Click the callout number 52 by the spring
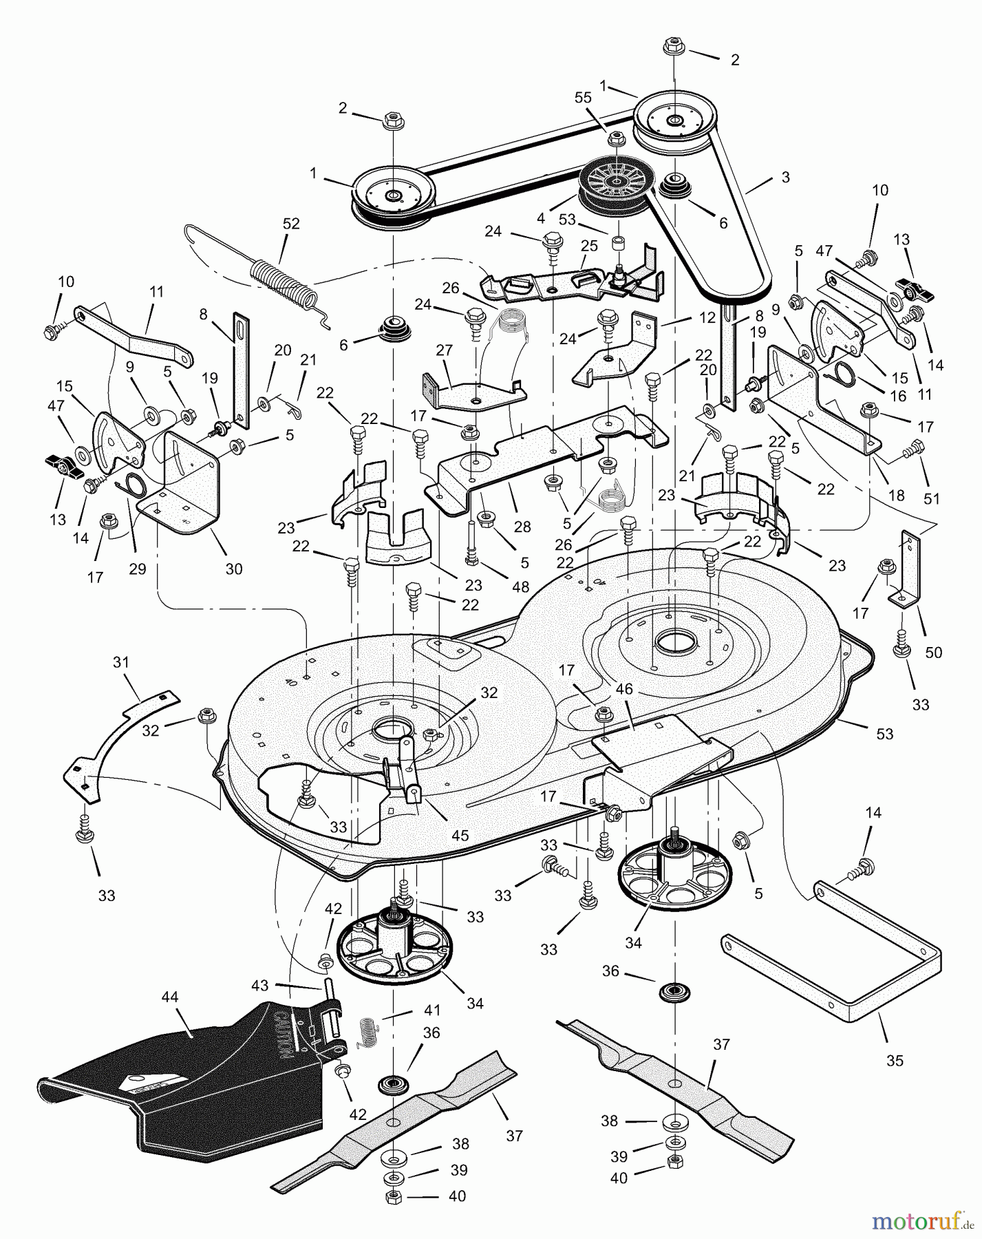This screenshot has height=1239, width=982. tap(291, 224)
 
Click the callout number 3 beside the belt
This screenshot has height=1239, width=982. tap(785, 177)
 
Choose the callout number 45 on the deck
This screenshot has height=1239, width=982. tap(460, 835)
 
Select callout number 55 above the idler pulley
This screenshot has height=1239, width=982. tap(583, 98)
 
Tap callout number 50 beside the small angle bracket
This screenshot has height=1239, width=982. tap(933, 652)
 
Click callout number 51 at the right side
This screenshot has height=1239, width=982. tap(931, 498)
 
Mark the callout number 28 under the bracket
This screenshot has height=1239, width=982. tap(522, 527)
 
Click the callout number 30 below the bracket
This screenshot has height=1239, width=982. tap(234, 569)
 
